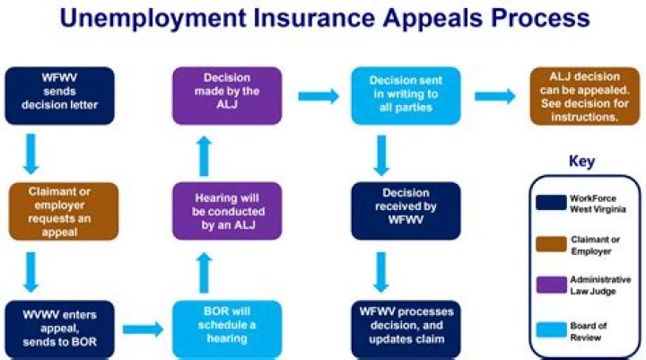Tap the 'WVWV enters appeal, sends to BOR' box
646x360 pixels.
(59, 324)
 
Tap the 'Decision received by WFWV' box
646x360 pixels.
(393, 211)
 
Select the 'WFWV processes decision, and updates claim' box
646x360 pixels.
(393, 324)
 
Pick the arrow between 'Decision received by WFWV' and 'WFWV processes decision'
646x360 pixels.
(381, 268)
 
